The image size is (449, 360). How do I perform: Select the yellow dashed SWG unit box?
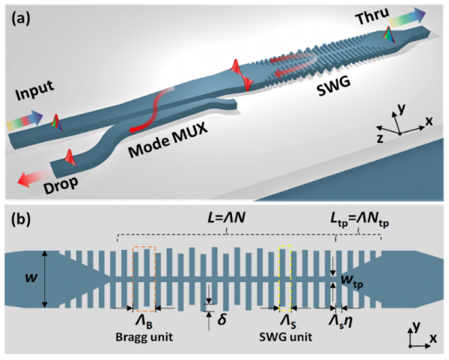[285, 276]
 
